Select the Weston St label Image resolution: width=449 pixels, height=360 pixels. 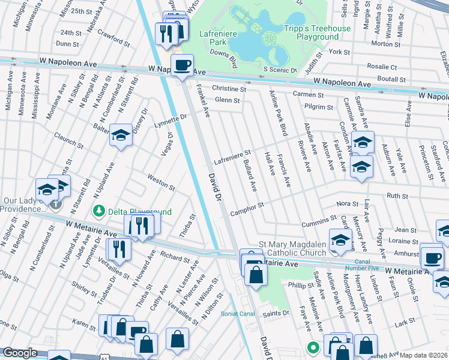(161, 181)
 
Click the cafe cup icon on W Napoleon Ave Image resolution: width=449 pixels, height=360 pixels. (182, 65)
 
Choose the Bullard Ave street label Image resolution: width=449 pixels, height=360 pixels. (250, 175)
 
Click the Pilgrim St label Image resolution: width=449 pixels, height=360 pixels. (318, 107)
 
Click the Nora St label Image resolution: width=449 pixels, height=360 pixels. (347, 204)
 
